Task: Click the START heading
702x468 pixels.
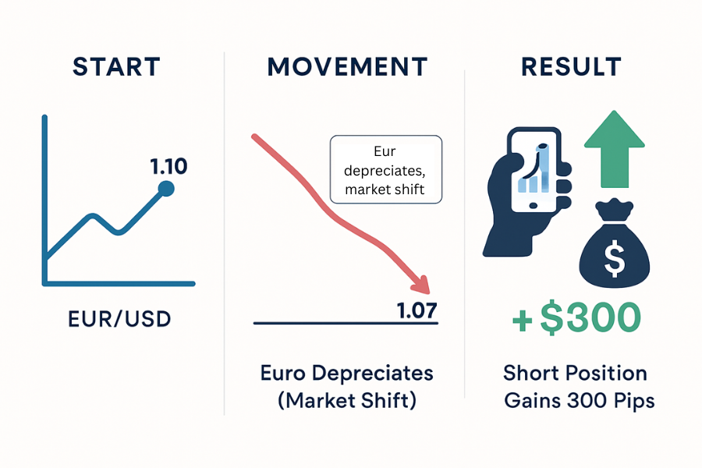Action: click(117, 67)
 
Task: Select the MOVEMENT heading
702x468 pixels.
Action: click(347, 67)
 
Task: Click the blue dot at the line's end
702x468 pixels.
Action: click(165, 188)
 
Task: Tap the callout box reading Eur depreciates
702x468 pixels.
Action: click(385, 169)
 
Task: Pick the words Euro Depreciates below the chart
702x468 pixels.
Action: click(346, 373)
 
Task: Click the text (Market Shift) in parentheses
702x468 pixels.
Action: click(346, 401)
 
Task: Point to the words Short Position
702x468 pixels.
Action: click(576, 373)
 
